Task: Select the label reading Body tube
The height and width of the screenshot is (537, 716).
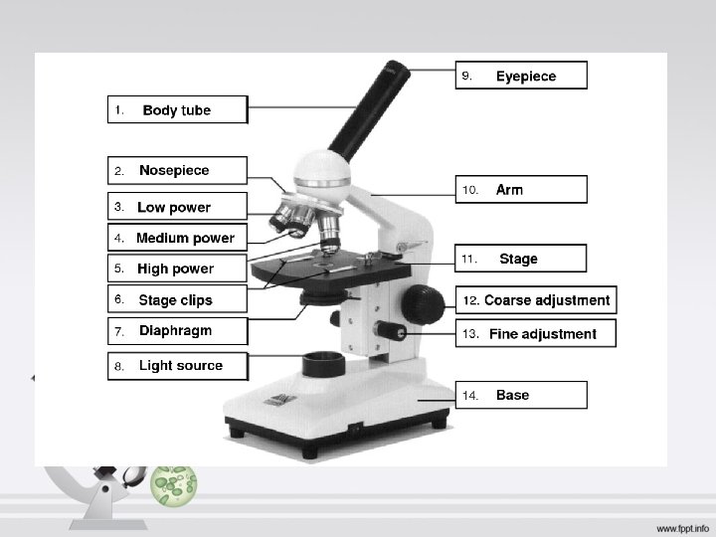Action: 176,109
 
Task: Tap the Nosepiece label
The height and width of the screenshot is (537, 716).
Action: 176,171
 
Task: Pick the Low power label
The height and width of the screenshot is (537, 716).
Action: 176,207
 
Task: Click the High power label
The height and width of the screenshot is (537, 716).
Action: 176,268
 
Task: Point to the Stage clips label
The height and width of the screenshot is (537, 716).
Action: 176,299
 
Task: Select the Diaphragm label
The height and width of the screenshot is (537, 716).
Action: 176,330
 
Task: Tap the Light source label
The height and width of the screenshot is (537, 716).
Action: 179,365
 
